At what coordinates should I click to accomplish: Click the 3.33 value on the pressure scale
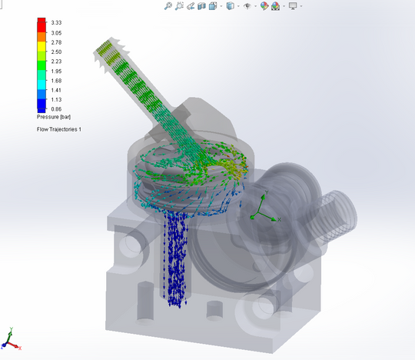click(x=56, y=23)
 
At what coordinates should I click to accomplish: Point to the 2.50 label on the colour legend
click(x=56, y=52)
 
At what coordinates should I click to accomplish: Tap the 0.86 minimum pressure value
click(x=56, y=109)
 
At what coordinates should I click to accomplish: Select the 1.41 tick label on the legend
click(x=56, y=90)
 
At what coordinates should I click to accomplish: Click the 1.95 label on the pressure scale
click(x=56, y=72)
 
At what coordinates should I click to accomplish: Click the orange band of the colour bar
click(x=41, y=37)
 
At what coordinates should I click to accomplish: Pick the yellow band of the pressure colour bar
click(x=41, y=46)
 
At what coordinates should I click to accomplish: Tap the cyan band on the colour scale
click(x=41, y=85)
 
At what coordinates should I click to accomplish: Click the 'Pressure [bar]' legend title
click(x=54, y=117)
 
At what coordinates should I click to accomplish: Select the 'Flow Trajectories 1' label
click(x=59, y=129)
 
